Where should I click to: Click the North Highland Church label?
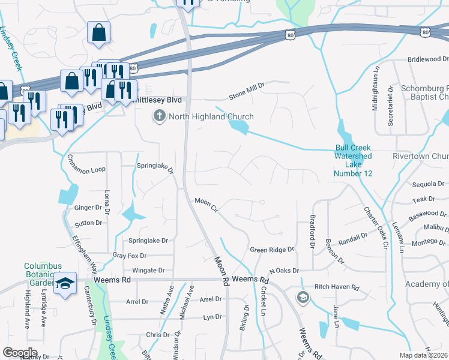(211, 116)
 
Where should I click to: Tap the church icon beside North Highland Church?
(160, 116)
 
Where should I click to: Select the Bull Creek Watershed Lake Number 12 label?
(353, 160)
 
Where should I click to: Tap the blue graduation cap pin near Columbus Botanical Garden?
(65, 284)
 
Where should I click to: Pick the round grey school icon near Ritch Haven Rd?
(303, 297)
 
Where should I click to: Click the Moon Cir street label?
(205, 205)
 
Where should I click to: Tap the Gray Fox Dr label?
(130, 256)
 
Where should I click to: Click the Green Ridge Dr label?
(273, 249)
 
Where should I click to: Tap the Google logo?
(20, 353)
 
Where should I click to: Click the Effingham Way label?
(84, 247)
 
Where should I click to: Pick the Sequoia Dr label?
(427, 185)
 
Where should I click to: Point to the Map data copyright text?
(423, 355)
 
